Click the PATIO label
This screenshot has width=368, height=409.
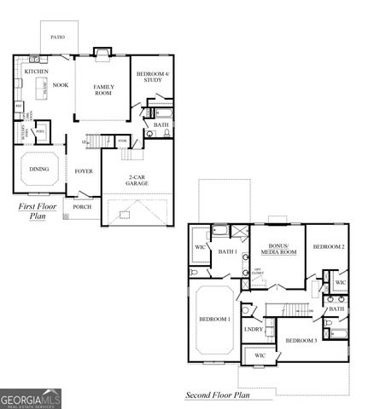57,37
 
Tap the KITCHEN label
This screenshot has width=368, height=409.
35,72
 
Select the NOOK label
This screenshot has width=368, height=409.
60,85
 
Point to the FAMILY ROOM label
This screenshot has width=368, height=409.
103,89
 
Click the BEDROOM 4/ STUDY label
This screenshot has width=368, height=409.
155,78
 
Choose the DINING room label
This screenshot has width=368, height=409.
38,169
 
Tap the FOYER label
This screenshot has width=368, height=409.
82,170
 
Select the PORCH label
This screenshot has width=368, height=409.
82,206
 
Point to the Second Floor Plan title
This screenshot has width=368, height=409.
217,395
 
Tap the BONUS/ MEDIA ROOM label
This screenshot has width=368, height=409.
277,250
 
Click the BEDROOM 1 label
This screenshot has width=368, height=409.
214,319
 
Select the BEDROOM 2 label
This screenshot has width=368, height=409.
328,246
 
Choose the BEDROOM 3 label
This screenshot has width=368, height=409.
301,341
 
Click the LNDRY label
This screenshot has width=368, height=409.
254,329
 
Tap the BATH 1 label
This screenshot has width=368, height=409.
227,252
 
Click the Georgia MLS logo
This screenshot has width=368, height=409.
31,396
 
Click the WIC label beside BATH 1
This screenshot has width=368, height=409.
200,247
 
